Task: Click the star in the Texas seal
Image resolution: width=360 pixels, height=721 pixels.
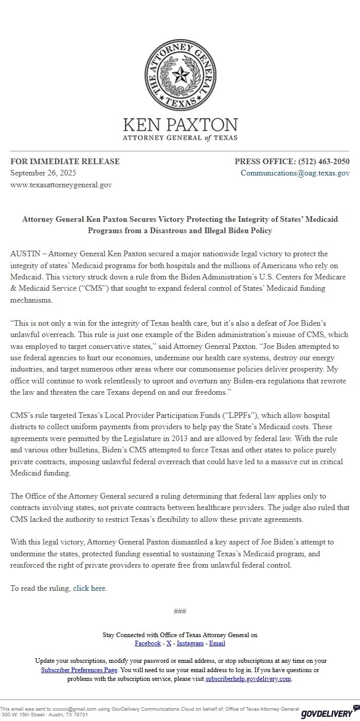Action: tap(180, 77)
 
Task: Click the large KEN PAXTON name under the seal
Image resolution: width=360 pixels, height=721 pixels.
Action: tap(180, 125)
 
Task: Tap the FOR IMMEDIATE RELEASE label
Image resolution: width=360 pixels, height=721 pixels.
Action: tap(65, 162)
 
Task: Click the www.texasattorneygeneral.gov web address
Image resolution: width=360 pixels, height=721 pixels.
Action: tap(61, 184)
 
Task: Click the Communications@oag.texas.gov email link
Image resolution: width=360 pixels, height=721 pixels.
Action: tap(295, 173)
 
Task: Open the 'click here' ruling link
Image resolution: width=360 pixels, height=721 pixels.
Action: tap(89, 588)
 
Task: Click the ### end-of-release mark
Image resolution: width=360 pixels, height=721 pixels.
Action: tap(180, 611)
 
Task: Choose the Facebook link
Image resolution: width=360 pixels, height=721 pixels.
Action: tap(148, 643)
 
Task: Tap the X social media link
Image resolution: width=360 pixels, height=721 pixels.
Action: tap(169, 643)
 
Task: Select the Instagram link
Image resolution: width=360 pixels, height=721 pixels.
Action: tap(190, 643)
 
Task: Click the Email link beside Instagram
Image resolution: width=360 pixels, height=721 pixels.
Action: tap(217, 643)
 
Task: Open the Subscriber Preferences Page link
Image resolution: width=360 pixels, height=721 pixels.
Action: tap(79, 670)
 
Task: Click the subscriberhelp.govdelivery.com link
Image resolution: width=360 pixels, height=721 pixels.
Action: tap(248, 679)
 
